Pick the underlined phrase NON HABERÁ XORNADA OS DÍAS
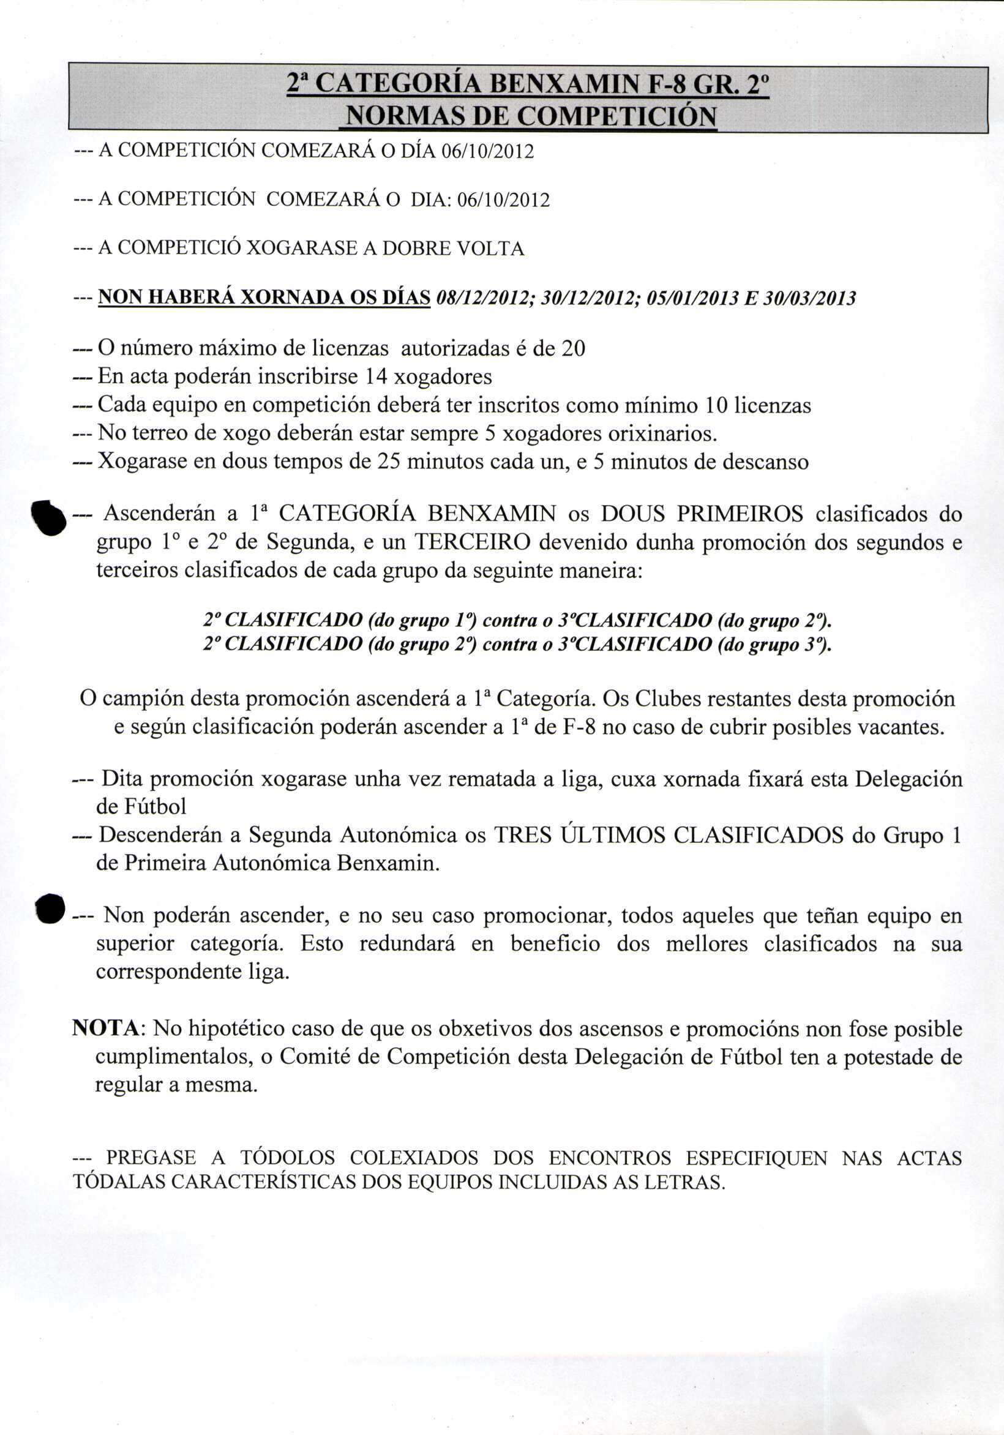point(264,298)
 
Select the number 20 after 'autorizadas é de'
point(573,348)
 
